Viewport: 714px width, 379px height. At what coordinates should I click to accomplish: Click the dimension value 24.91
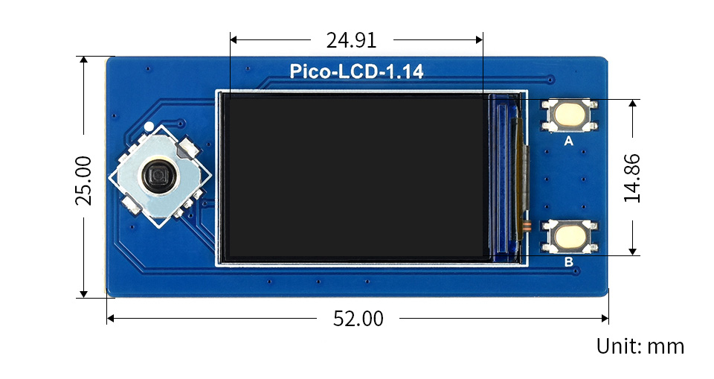[351, 39]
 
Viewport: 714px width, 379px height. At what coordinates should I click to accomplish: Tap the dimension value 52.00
[358, 319]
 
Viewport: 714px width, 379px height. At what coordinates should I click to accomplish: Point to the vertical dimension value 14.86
[633, 178]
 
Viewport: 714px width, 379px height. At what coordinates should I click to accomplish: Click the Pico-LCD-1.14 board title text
[356, 72]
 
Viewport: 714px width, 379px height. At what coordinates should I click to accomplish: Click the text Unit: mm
[640, 346]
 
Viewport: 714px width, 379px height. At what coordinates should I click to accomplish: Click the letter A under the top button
[569, 141]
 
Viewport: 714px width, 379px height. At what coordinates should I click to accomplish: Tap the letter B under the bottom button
[569, 261]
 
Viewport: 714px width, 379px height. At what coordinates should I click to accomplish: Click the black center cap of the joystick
[158, 176]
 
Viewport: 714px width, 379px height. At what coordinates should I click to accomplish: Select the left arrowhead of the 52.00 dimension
[111, 319]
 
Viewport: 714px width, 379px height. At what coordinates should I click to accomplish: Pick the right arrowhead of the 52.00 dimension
[605, 319]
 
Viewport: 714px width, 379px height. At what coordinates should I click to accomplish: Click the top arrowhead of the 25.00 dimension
[84, 60]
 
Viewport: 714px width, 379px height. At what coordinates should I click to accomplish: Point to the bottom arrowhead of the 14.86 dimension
[633, 251]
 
